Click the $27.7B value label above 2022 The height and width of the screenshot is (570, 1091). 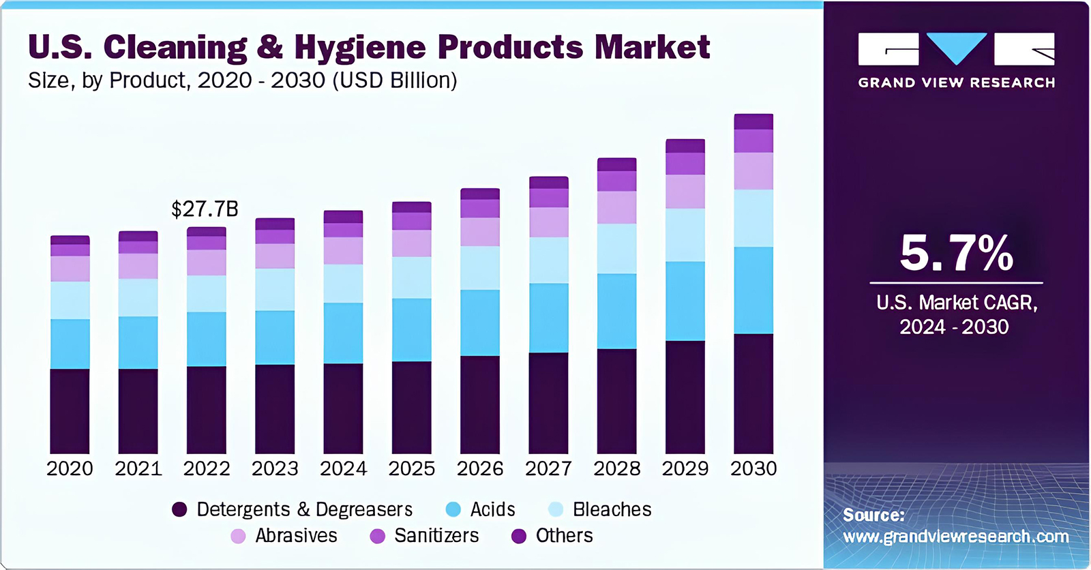pos(205,209)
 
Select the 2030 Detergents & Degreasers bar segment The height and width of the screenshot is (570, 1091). pos(753,393)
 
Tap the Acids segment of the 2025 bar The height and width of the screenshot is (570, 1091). pos(411,329)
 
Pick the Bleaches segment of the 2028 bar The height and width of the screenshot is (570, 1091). pos(616,249)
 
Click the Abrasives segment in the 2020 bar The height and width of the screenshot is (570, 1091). pos(70,269)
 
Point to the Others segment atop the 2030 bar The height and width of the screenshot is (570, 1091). pos(753,121)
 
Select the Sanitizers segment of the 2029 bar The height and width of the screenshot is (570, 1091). pos(685,164)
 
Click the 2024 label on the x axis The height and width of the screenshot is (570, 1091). pos(343,468)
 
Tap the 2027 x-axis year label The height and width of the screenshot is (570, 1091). pos(548,468)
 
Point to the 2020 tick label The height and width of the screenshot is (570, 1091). pos(70,468)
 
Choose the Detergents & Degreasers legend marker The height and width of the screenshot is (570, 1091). pos(179,509)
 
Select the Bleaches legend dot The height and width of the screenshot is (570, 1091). pos(556,509)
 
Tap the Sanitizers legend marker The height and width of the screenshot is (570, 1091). pos(377,536)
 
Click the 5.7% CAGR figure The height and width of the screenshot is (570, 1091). pos(956,254)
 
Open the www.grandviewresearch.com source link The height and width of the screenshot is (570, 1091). pos(956,537)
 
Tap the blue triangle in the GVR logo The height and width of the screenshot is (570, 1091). pos(956,48)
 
